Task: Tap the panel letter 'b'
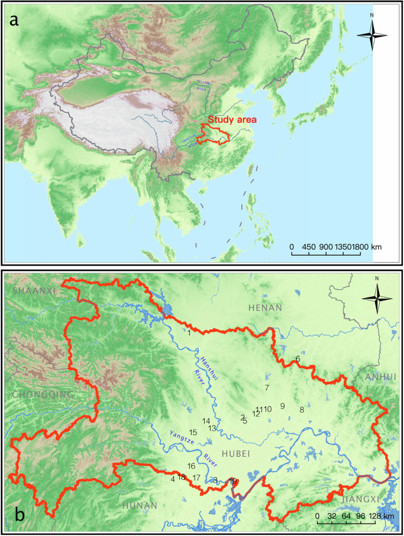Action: pos(19,515)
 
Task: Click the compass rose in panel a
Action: pos(372,35)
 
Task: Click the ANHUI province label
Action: pos(382,377)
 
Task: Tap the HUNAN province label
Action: pos(140,505)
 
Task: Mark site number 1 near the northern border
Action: pos(188,332)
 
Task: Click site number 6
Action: pos(298,358)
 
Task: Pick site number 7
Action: pos(267,388)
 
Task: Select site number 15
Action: pos(192,433)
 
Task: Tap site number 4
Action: pos(172,479)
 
